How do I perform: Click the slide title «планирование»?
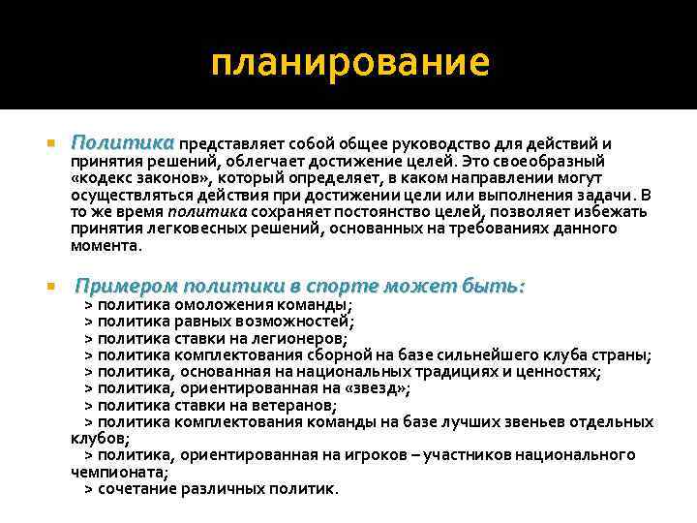[x=349, y=63]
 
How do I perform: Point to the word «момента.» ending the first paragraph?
[x=106, y=245]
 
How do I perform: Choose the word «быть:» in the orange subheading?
[x=494, y=287]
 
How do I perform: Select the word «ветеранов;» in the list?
[x=289, y=405]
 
